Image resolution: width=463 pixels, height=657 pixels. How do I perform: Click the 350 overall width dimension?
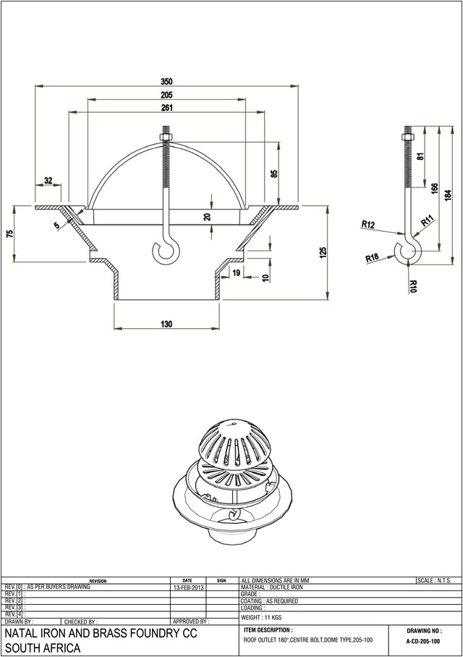(x=166, y=81)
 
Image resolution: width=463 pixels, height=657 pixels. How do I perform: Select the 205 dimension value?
(x=166, y=95)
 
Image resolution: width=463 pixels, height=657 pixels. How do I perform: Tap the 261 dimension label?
(x=166, y=108)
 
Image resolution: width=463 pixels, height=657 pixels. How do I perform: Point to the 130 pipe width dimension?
(x=166, y=325)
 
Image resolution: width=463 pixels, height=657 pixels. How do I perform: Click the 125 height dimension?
(x=323, y=252)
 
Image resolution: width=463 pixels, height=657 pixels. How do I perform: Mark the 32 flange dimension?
(x=48, y=180)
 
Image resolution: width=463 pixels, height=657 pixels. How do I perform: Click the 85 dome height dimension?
(x=274, y=175)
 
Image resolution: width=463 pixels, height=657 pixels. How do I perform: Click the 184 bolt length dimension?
(x=448, y=194)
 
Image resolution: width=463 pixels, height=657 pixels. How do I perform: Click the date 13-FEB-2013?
(x=188, y=587)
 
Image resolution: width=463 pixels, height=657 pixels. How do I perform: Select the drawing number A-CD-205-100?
(x=423, y=642)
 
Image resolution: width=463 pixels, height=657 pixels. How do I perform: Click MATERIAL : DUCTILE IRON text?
(x=273, y=587)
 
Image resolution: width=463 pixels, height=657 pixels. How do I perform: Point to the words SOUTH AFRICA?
(x=42, y=648)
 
